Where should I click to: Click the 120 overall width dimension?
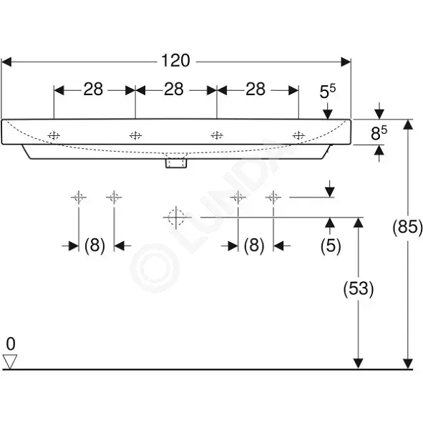click(175, 60)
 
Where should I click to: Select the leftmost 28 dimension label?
click(93, 89)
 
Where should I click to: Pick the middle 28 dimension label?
click(174, 89)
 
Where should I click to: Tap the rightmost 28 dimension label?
click(256, 89)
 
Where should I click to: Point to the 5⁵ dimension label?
click(328, 91)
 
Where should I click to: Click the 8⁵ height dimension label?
click(379, 132)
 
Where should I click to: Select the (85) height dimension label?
click(408, 227)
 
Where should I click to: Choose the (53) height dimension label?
click(359, 288)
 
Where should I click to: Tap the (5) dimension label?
click(331, 245)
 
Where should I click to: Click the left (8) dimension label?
click(94, 245)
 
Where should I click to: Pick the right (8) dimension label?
click(254, 245)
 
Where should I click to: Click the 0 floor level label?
click(11, 344)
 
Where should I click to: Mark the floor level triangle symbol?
click(10, 361)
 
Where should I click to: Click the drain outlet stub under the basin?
click(176, 163)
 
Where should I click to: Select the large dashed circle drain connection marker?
click(176, 218)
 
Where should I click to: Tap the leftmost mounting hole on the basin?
click(54, 135)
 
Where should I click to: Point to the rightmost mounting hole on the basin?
click(298, 135)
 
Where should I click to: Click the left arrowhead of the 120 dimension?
click(6, 62)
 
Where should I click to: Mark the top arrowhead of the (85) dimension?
click(408, 124)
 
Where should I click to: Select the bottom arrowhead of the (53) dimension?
click(358, 364)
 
